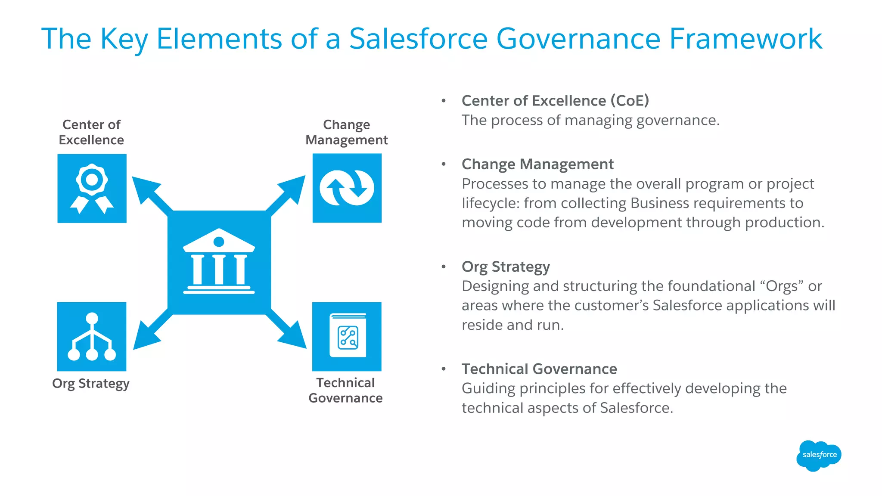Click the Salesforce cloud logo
(818, 456)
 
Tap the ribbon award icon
(92, 188)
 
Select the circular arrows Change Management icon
(347, 188)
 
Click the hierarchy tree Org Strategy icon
(92, 337)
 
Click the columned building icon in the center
(219, 262)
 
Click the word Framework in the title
(745, 39)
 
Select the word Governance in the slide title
(578, 39)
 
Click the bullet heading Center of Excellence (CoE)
(555, 101)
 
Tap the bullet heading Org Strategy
(506, 267)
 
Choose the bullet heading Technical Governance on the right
(539, 369)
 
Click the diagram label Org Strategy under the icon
(91, 384)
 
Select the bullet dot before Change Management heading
(444, 164)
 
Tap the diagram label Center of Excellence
(91, 132)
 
